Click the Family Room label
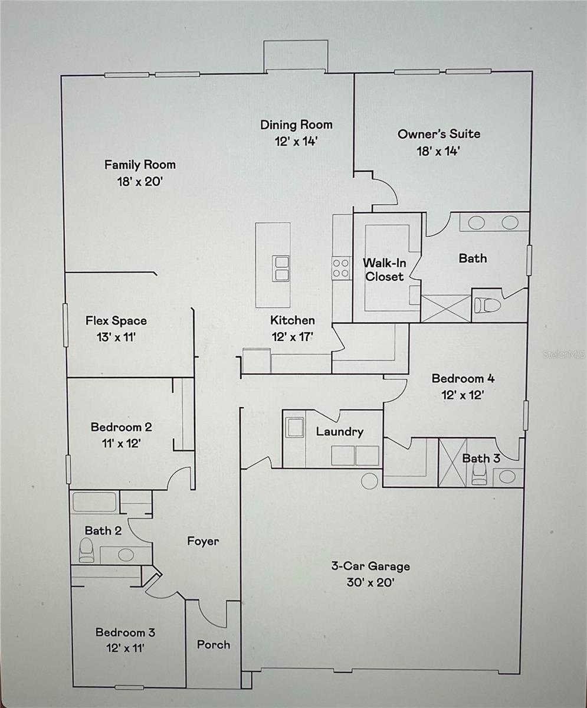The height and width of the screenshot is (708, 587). [140, 165]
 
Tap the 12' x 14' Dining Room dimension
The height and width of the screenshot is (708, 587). [296, 142]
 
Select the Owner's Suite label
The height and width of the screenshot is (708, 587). [439, 134]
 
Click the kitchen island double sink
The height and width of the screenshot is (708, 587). [281, 269]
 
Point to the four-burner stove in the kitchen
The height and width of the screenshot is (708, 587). [341, 268]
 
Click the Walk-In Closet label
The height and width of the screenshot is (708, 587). [385, 270]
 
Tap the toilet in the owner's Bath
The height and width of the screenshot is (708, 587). [487, 305]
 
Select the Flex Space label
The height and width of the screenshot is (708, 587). [116, 320]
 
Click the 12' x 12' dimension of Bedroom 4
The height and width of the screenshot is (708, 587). [463, 395]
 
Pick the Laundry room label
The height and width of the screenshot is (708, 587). [340, 432]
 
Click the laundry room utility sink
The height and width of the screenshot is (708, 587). [296, 428]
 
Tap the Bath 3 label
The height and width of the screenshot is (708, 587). [481, 458]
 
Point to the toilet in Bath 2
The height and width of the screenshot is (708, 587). [86, 550]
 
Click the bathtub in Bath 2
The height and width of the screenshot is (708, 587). [94, 502]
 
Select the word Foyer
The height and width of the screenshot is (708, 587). [203, 541]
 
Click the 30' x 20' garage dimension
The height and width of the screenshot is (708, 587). [370, 582]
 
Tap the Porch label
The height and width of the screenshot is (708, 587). [214, 645]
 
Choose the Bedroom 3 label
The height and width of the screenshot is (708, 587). [125, 632]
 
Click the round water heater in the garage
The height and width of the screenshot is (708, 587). [369, 481]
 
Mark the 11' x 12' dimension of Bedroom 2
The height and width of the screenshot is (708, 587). [121, 443]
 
